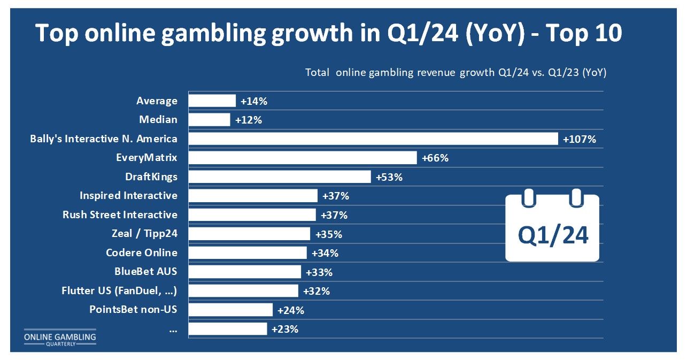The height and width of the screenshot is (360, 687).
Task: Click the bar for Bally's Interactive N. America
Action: [x=374, y=139]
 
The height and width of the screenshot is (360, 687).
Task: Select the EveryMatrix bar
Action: [x=303, y=158]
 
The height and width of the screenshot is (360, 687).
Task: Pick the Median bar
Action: [x=210, y=120]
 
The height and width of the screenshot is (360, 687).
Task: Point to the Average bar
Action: [x=212, y=101]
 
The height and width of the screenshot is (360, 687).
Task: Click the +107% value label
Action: [x=579, y=139]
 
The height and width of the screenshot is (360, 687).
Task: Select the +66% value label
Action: [x=435, y=158]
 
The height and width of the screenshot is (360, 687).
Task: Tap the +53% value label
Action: [x=389, y=177]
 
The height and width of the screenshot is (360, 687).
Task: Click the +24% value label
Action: [x=291, y=310]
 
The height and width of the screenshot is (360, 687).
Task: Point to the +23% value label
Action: [x=284, y=329]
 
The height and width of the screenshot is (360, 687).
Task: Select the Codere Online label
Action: [x=141, y=252]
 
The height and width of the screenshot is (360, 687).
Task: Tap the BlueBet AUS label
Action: [x=145, y=271]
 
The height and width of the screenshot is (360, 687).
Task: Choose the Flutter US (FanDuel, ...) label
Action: [x=120, y=291]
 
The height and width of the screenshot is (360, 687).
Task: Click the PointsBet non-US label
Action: [x=133, y=310]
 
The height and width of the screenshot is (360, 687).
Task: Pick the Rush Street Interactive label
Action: [x=120, y=215]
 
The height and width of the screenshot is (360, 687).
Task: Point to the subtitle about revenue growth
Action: [x=456, y=73]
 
